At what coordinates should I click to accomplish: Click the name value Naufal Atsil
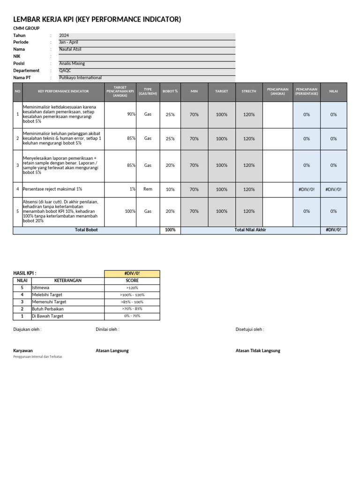coord(70,49)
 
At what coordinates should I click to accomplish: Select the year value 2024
coord(64,36)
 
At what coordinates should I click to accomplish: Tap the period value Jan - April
coord(68,42)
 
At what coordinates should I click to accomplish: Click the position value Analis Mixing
coord(72,63)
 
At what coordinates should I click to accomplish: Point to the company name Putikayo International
coord(80,78)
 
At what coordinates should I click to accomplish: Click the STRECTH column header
coord(249,91)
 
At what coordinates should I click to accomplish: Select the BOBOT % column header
coord(170,91)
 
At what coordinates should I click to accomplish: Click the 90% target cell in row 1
coord(131,114)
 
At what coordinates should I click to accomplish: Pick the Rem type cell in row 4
coord(148,189)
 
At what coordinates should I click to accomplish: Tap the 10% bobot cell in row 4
coord(170,189)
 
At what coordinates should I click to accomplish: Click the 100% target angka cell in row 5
coord(130,211)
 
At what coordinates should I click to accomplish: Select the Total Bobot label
coord(86,230)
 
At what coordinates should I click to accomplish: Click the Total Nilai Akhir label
coord(250,230)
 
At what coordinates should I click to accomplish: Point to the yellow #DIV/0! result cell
coord(132,273)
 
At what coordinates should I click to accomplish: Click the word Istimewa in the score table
coord(40,288)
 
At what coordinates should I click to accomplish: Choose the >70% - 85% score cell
coord(132,309)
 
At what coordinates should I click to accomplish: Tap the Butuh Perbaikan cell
coord(47,309)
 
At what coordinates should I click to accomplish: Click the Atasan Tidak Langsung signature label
coord(258,351)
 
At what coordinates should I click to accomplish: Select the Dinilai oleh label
coord(107,330)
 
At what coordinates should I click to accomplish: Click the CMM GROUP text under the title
coord(26,29)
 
